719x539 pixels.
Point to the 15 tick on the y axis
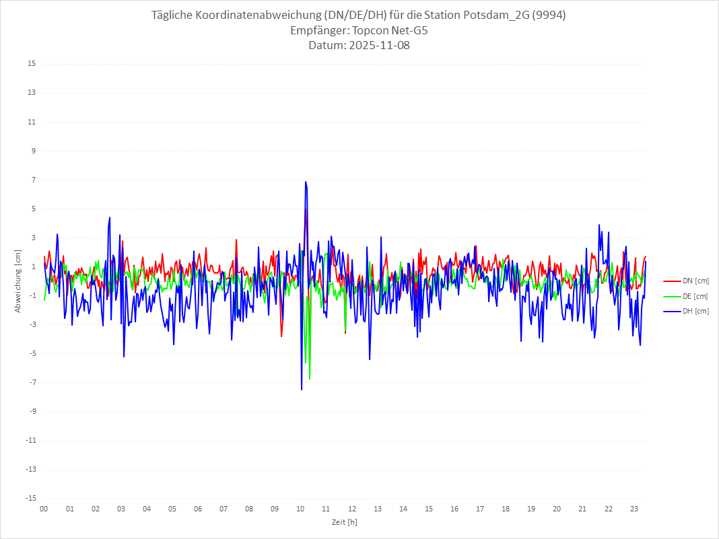click(x=32, y=64)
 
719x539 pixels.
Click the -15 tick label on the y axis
click(x=30, y=498)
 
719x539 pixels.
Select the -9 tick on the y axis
click(x=32, y=411)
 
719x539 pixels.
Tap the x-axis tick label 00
click(x=44, y=509)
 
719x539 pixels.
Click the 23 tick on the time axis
click(x=634, y=509)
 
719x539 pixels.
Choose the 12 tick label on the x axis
click(x=351, y=509)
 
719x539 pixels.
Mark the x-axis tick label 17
click(x=480, y=509)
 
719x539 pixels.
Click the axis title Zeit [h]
click(x=344, y=522)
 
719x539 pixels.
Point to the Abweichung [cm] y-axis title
click(x=18, y=281)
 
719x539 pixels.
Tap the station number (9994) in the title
click(x=549, y=15)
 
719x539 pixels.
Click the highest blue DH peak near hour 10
click(x=305, y=182)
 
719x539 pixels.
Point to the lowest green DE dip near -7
click(x=310, y=379)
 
